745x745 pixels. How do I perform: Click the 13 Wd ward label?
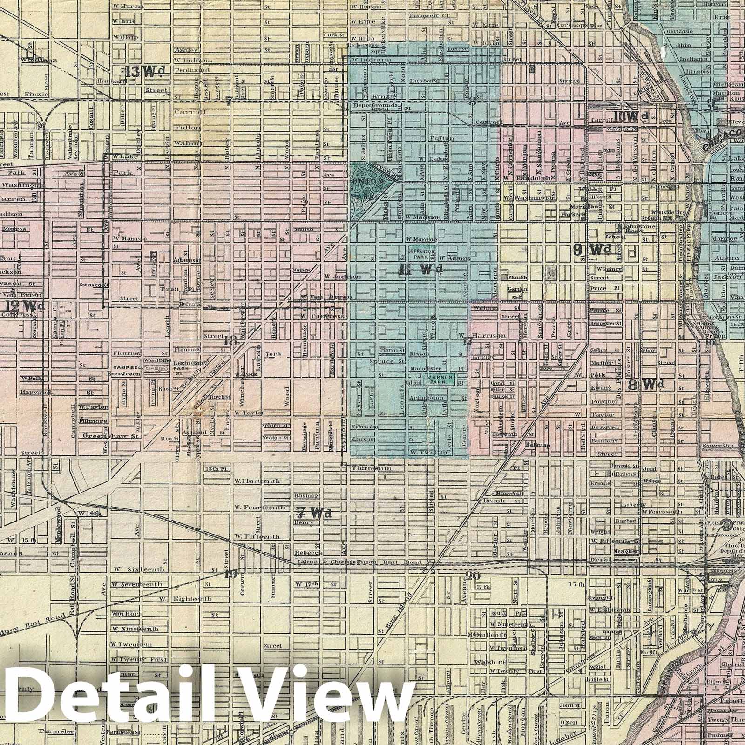click(146, 72)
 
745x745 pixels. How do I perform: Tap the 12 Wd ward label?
click(26, 306)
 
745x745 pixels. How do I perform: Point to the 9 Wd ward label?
click(592, 250)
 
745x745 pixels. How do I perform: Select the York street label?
click(273, 354)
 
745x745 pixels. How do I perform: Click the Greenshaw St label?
click(111, 436)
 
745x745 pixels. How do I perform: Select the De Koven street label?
click(605, 427)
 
